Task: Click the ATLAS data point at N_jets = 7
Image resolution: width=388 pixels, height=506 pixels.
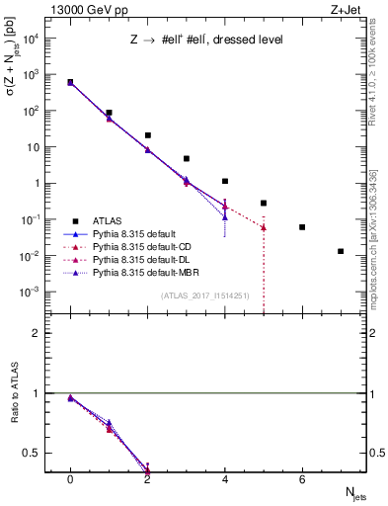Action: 341,251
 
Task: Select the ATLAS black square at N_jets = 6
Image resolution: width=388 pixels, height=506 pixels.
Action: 302,227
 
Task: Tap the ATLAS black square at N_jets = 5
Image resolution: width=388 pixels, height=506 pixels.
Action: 264,203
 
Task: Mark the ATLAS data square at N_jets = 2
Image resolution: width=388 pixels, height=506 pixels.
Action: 147,135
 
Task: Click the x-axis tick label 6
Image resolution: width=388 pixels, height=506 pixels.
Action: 302,479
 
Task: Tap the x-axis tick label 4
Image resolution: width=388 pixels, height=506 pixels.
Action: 225,479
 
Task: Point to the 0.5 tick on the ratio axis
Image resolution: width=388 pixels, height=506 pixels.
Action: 36,454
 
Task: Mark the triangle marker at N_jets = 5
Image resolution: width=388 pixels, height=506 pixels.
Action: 264,227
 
